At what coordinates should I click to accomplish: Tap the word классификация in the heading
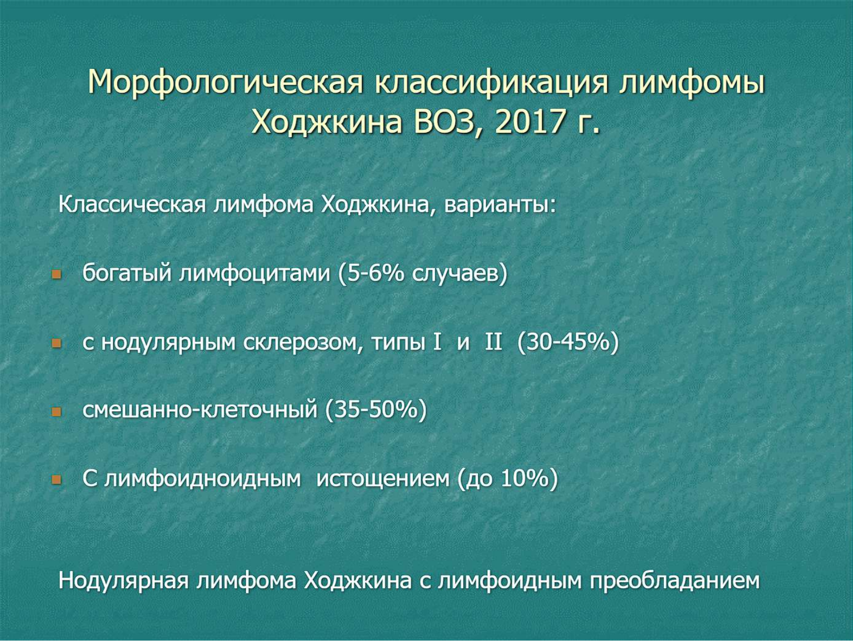(x=491, y=83)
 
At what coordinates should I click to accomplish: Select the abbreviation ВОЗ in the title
(x=446, y=121)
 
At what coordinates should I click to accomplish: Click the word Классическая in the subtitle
(x=132, y=204)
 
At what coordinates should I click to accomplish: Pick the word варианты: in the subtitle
(x=500, y=205)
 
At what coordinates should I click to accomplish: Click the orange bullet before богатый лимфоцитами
(x=57, y=275)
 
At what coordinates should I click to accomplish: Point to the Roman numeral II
(x=494, y=342)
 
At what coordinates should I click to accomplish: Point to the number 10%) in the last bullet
(x=529, y=478)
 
